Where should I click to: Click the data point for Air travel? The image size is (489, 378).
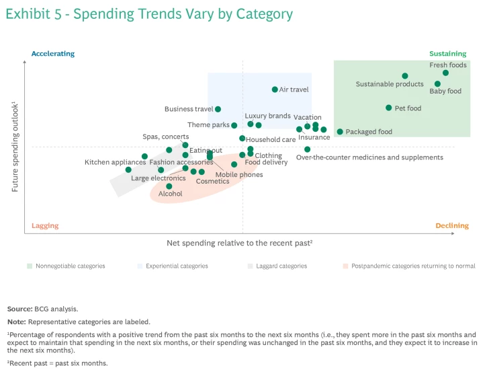[x=275, y=89]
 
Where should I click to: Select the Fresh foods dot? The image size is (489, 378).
[x=445, y=73]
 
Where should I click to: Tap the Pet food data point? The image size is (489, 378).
[x=389, y=108]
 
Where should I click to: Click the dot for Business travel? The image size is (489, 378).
[x=218, y=109]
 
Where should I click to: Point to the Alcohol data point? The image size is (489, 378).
[x=169, y=186]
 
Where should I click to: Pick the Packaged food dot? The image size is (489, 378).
[x=340, y=132]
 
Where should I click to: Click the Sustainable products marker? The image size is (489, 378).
[x=405, y=76]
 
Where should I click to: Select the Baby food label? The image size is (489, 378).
[x=445, y=91]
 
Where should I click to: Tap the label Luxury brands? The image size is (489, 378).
[x=267, y=116]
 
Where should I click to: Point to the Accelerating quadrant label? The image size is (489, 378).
[x=53, y=54]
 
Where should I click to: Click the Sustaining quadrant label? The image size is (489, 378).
[x=447, y=54]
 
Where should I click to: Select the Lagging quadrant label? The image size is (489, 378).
[x=45, y=226]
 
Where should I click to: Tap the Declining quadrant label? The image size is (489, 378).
[x=452, y=226]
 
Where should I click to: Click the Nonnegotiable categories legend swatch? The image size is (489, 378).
[x=30, y=266]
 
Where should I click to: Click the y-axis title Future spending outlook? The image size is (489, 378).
[x=15, y=147]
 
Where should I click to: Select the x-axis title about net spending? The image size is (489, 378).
[x=240, y=243]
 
